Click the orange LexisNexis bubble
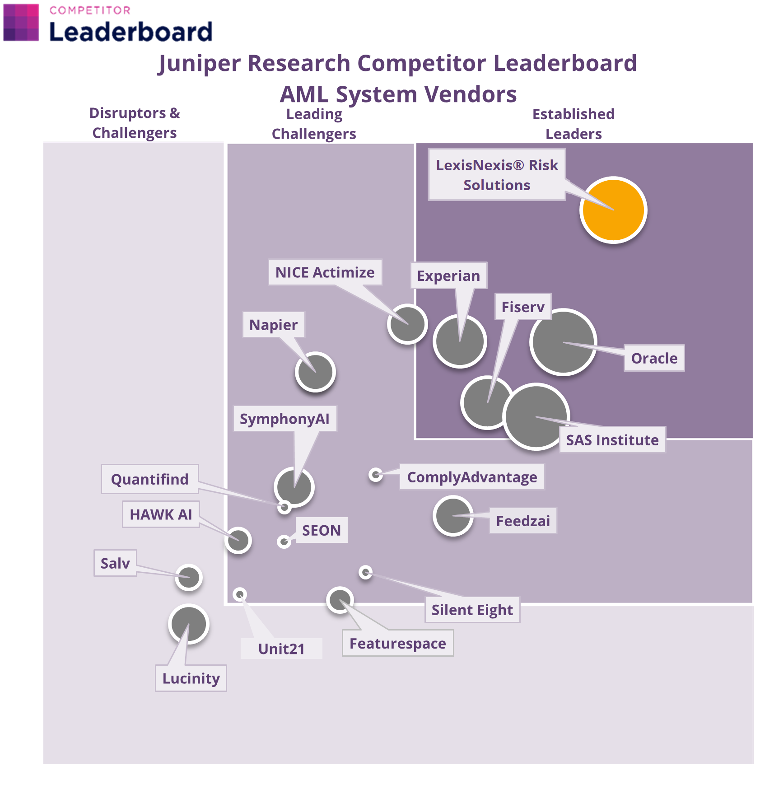pyautogui.click(x=613, y=210)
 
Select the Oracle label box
pyautogui.click(x=654, y=358)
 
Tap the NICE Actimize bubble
pyautogui.click(x=407, y=324)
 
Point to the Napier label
pyautogui.click(x=273, y=325)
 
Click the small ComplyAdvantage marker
pyautogui.click(x=376, y=475)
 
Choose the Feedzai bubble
pyautogui.click(x=453, y=516)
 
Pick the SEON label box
pyautogui.click(x=322, y=530)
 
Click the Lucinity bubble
pyautogui.click(x=189, y=624)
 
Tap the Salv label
pyautogui.click(x=115, y=563)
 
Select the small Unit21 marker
pyautogui.click(x=240, y=594)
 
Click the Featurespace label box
pyautogui.click(x=397, y=643)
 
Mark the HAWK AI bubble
pyautogui.click(x=238, y=540)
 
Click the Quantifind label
pyautogui.click(x=149, y=479)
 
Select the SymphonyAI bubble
pyautogui.click(x=294, y=487)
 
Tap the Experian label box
pyautogui.click(x=448, y=276)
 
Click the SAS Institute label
pyautogui.click(x=612, y=440)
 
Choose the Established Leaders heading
pyautogui.click(x=574, y=124)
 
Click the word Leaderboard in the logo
pyautogui.click(x=131, y=32)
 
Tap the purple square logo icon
pyautogui.click(x=21, y=23)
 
